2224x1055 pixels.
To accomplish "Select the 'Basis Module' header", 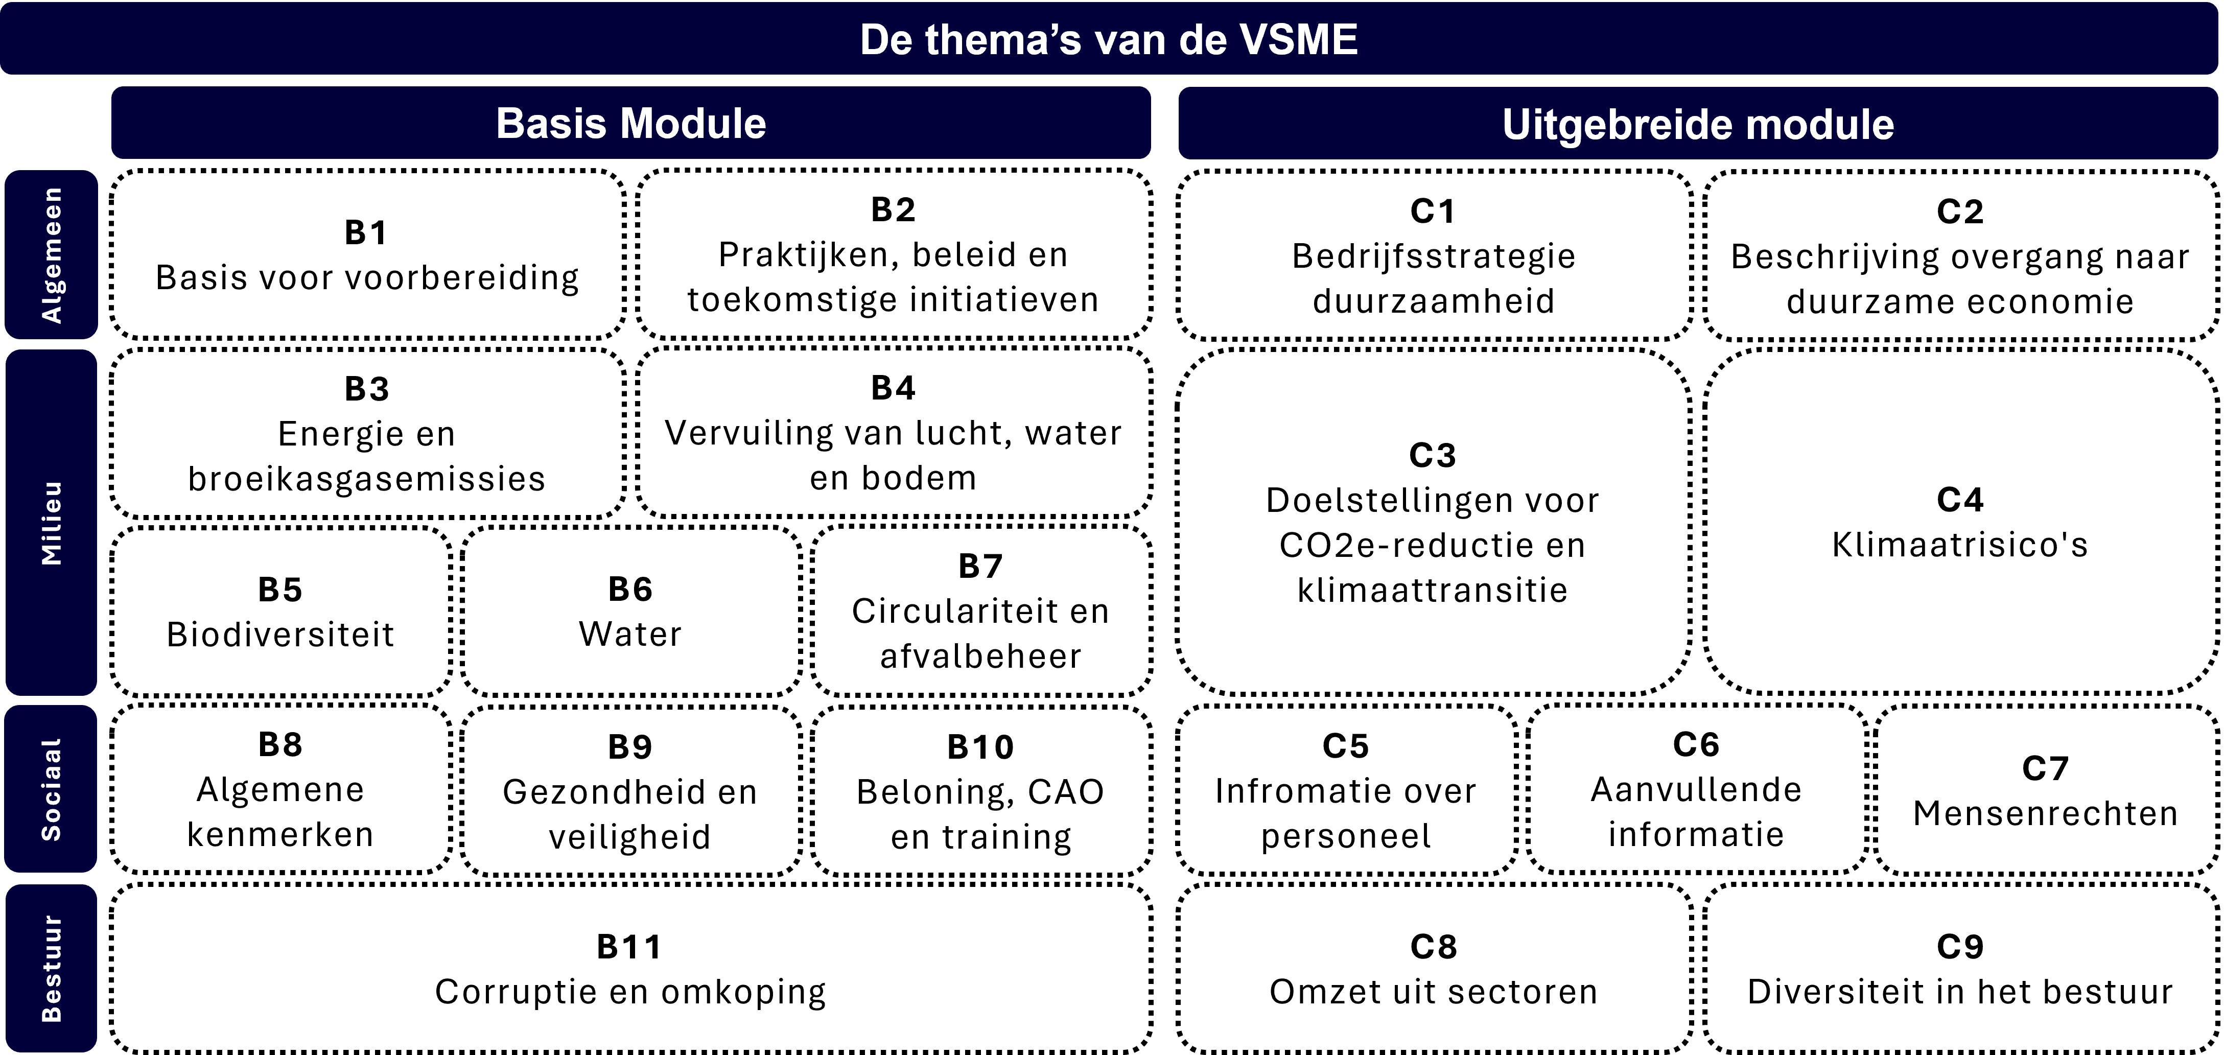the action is (x=631, y=124).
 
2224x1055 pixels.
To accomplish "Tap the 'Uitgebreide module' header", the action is (x=1698, y=124).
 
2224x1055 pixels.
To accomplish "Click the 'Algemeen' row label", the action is (x=52, y=255).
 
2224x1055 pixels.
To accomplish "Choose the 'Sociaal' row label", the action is (x=52, y=789).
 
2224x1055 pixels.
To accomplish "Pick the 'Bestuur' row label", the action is (x=52, y=969).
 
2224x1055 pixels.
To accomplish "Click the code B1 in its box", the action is (x=366, y=232).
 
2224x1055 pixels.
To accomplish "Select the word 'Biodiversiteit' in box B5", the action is (x=280, y=635).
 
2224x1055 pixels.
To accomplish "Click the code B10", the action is (x=981, y=747).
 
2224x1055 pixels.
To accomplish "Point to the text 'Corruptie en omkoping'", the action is (x=630, y=992).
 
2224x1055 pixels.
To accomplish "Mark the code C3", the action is (x=1433, y=455).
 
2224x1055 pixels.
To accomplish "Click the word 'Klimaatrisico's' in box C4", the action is (x=1960, y=545).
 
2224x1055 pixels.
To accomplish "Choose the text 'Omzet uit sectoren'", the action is (x=1433, y=992).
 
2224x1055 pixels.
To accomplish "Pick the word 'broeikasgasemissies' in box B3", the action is (x=367, y=478).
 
